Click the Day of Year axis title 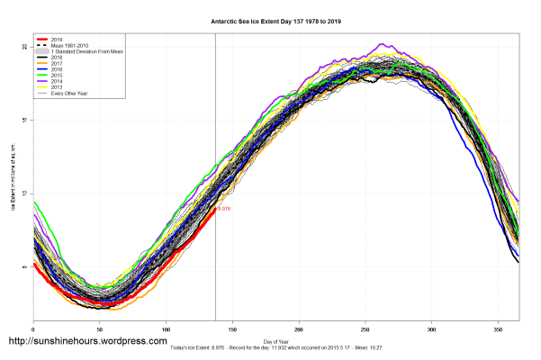click(x=276, y=341)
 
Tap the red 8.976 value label click(x=224, y=208)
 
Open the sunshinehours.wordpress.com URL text click(x=87, y=342)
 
